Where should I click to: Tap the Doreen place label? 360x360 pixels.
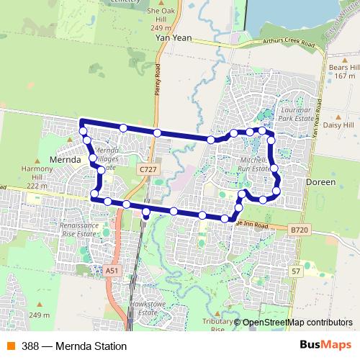point(321,183)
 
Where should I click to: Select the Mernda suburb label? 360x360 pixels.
point(64,158)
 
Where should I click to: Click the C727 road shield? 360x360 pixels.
point(148,168)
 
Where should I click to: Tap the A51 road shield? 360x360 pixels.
point(111,270)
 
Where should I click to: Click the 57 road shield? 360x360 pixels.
point(296,270)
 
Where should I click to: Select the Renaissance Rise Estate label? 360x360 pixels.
point(79,228)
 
